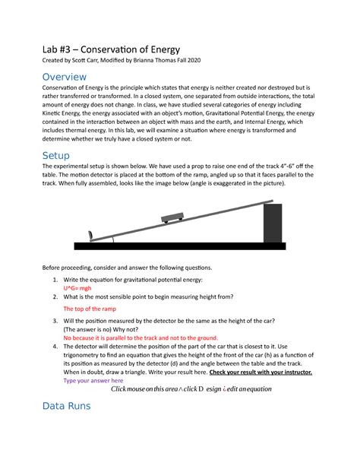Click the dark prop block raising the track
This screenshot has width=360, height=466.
tap(272, 223)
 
